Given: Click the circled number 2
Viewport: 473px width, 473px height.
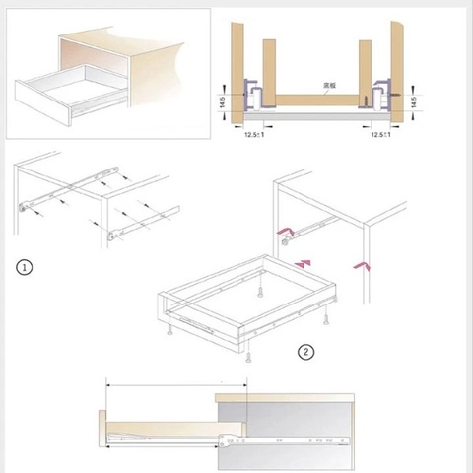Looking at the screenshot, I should (305, 352).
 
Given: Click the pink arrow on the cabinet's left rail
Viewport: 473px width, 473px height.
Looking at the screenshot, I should (288, 233).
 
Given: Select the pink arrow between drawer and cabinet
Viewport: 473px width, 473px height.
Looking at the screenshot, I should (304, 261).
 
